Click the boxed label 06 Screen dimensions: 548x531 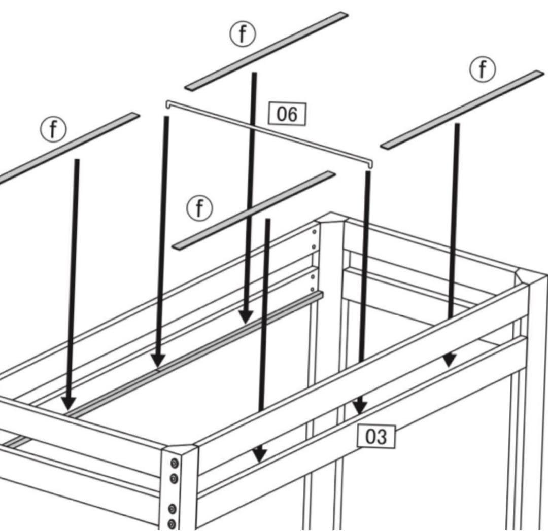(x=287, y=114)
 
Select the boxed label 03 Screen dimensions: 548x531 (x=376, y=437)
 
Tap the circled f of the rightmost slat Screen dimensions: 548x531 (x=483, y=69)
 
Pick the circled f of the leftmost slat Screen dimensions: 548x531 (x=53, y=129)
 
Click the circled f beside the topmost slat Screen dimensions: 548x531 (x=242, y=34)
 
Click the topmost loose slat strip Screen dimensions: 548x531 (x=266, y=51)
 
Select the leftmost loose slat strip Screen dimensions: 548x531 (x=66, y=149)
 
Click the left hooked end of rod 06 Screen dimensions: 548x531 (x=167, y=104)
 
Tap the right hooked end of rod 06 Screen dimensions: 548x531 (x=370, y=163)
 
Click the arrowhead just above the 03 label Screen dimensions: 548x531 (x=360, y=407)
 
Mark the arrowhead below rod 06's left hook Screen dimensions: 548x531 (x=158, y=361)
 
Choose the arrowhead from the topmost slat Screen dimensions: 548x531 (x=246, y=316)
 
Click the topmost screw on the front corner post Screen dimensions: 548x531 (x=174, y=464)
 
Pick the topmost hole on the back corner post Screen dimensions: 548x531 (x=314, y=232)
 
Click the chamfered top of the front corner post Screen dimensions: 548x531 (x=179, y=448)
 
